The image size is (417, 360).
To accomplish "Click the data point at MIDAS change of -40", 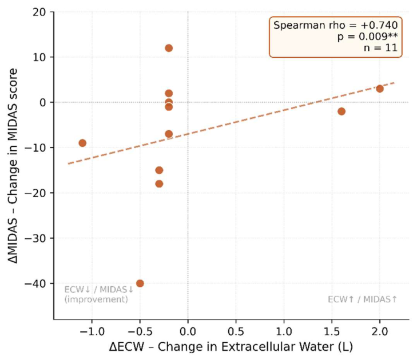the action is pyautogui.click(x=140, y=283).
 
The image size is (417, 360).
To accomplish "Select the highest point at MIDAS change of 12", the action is pyautogui.click(x=169, y=48).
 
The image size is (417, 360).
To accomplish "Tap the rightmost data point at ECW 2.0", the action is pyautogui.click(x=380, y=89).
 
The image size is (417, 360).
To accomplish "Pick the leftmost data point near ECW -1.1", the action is pyautogui.click(x=82, y=143).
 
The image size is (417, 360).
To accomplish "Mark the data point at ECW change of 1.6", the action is pyautogui.click(x=341, y=111).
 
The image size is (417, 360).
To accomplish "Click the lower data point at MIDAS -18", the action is pyautogui.click(x=159, y=184).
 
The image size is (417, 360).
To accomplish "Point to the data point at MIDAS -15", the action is pyautogui.click(x=159, y=170).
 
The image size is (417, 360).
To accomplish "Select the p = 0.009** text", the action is pyautogui.click(x=368, y=37).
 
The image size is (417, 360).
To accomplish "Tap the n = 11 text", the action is pyautogui.click(x=380, y=48).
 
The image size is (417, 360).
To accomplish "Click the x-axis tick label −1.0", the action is pyautogui.click(x=92, y=332).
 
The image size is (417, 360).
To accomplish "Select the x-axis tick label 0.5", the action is pyautogui.click(x=236, y=332).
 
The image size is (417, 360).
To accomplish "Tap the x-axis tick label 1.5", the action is pyautogui.click(x=332, y=332).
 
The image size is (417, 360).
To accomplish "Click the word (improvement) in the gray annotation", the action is pyautogui.click(x=96, y=299).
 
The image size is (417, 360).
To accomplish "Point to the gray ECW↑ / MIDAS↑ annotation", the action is pyautogui.click(x=363, y=299).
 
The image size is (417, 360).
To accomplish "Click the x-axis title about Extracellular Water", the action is pyautogui.click(x=231, y=347).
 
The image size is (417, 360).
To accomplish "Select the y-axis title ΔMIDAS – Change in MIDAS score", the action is pyautogui.click(x=13, y=166).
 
